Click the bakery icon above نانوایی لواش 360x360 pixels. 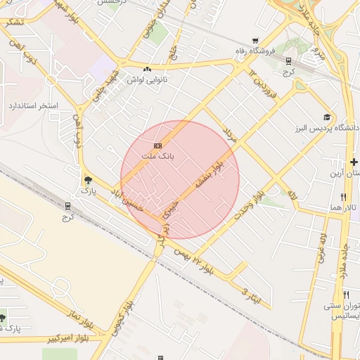(x=147, y=69)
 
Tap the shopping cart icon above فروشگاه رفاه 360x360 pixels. (x=255, y=40)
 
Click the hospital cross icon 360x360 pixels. (x=354, y=162)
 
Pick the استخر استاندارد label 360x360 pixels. (x=32, y=106)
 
